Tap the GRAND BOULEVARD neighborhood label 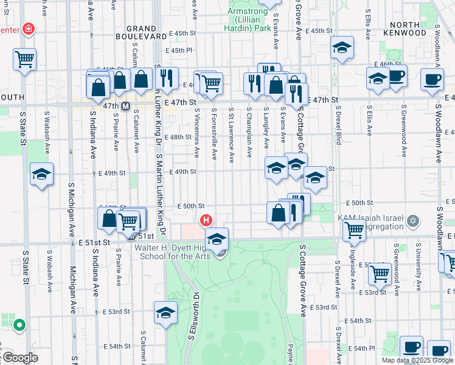coord(146,32)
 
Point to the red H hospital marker coord(206,220)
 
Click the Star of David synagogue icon coord(413,220)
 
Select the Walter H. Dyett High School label coord(172,252)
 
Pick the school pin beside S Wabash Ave coord(41,175)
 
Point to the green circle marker coord(19,325)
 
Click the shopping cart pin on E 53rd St coord(380,274)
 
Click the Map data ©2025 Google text coord(417,360)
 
